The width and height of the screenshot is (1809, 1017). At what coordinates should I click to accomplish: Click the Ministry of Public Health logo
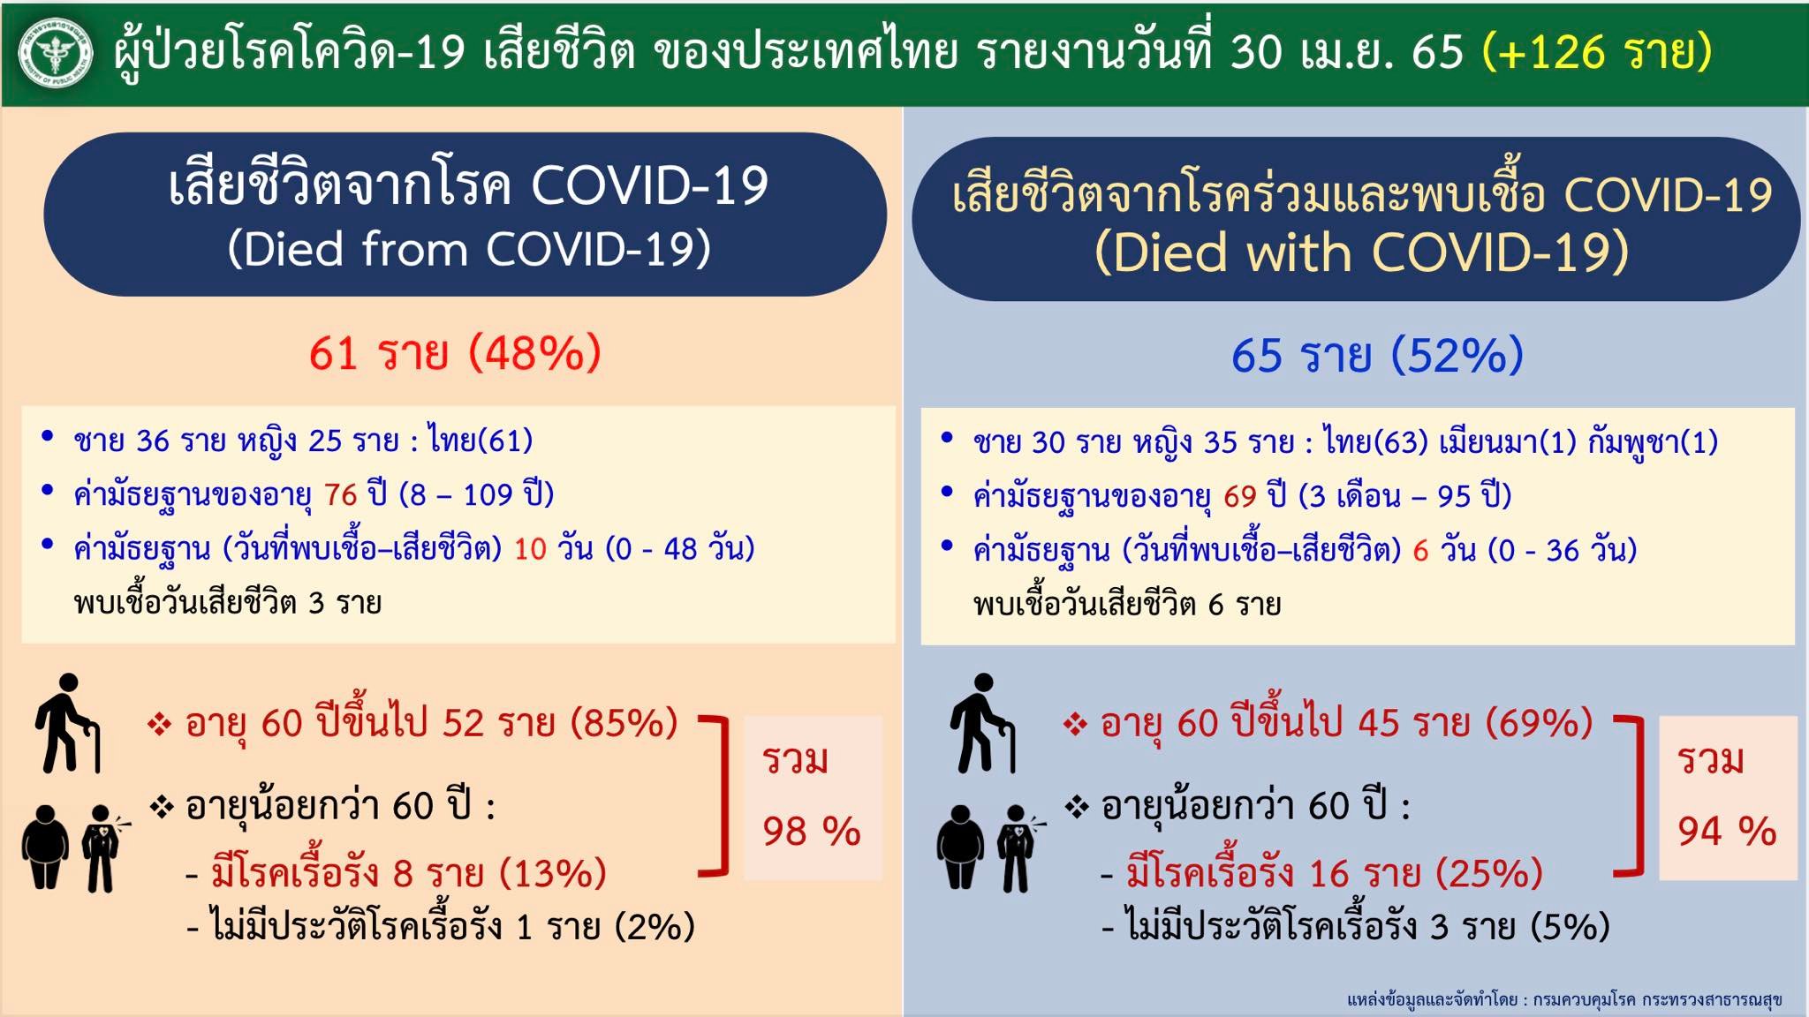point(56,54)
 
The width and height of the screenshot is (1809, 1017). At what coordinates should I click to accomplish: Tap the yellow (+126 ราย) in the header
point(1597,52)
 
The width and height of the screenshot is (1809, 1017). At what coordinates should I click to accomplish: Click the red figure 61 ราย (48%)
point(455,353)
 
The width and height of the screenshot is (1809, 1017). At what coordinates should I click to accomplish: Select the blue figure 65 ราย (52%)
point(1377,355)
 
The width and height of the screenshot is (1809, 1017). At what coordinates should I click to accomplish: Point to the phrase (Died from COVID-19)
point(469,249)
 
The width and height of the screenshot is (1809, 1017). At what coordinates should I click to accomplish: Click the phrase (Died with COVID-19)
point(1361,252)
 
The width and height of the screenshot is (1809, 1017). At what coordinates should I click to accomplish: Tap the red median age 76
point(340,494)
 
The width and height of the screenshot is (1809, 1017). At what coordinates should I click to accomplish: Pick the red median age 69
point(1239,496)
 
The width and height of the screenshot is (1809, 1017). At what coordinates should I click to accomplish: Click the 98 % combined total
point(812,831)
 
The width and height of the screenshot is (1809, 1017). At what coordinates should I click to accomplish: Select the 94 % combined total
point(1727,831)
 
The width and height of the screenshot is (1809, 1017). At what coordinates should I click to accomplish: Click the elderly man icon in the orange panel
point(68,723)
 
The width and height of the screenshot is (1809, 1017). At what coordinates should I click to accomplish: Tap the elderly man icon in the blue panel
point(982,723)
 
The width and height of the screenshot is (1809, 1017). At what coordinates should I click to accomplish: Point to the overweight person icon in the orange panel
point(45,847)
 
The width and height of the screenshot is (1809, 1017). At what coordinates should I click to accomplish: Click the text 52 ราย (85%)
point(560,723)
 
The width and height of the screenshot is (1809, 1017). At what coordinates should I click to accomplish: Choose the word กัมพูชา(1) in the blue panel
point(1653,441)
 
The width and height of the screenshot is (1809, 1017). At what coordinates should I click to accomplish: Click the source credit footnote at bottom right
point(1564,999)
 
